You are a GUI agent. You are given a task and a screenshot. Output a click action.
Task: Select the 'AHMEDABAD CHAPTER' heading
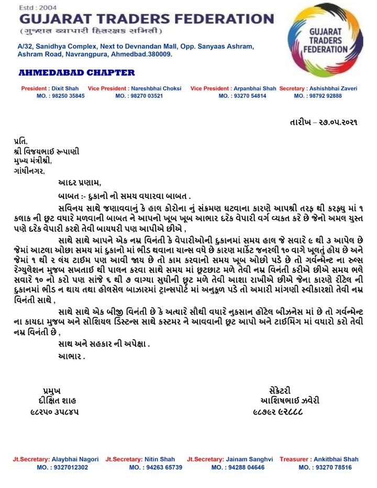(x=76, y=72)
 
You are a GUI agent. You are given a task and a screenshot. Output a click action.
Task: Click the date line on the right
(x=324, y=121)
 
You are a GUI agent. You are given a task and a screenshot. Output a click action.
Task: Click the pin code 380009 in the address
(x=159, y=54)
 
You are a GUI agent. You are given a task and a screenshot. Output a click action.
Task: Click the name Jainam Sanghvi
(x=249, y=459)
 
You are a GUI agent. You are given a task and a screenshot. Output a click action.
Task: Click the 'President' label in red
(x=35, y=88)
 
